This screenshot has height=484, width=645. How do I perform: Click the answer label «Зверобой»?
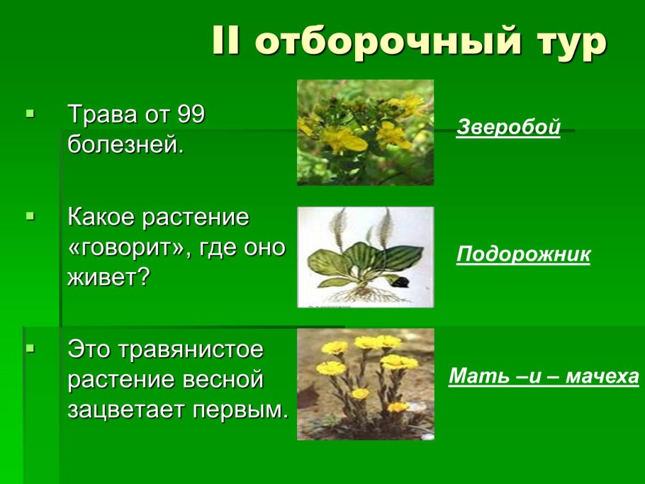pyautogui.click(x=508, y=128)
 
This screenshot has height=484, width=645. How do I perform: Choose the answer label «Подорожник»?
pyautogui.click(x=523, y=255)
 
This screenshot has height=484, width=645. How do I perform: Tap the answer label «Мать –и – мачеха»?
pyautogui.click(x=544, y=376)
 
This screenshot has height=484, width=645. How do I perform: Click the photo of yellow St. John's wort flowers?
pyautogui.click(x=365, y=133)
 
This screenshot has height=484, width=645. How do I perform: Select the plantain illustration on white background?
pyautogui.click(x=365, y=257)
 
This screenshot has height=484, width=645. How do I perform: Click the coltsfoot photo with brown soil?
pyautogui.click(x=365, y=384)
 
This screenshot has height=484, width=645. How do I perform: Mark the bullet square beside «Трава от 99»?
pyautogui.click(x=30, y=113)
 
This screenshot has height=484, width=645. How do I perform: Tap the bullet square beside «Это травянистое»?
pyautogui.click(x=30, y=349)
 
